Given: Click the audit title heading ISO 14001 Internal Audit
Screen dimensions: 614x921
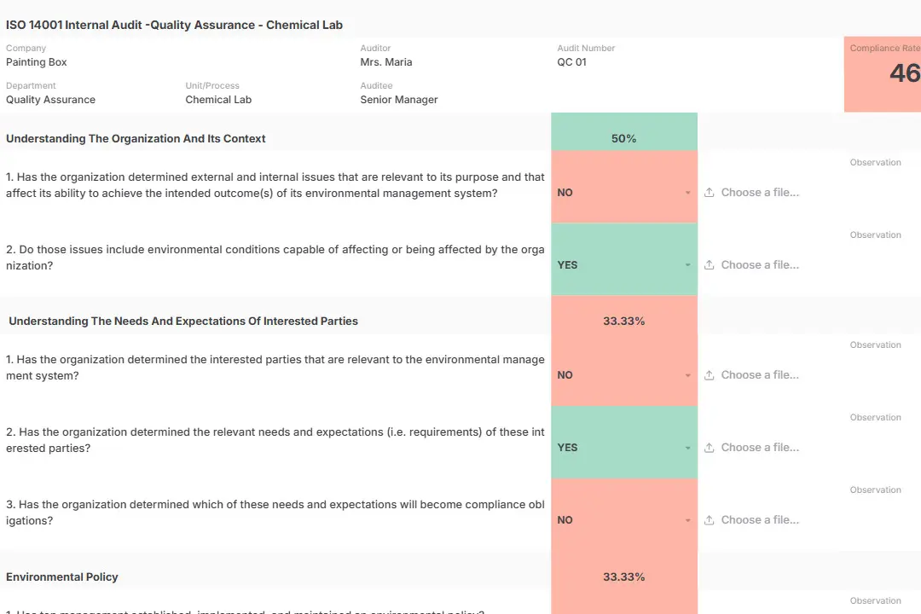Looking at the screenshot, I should [174, 25].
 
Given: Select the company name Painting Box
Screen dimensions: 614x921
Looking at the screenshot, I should [37, 62].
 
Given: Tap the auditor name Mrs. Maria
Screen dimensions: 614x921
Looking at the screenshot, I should [386, 62].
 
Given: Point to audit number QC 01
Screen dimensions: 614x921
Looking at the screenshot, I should [572, 62].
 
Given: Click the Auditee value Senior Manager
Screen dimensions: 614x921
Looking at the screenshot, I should [399, 100].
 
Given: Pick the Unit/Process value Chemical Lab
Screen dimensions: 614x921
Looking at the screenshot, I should [218, 100].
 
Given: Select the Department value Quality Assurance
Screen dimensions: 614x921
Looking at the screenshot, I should [50, 100].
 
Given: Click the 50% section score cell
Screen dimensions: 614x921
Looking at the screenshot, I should [624, 138].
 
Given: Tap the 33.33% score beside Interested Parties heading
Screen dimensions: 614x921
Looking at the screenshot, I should [624, 321].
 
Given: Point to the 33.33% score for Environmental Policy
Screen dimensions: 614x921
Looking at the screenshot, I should [624, 577].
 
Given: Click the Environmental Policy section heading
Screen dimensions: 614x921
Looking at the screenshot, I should [62, 577].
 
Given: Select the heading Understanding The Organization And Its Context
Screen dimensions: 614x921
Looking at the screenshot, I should [136, 138].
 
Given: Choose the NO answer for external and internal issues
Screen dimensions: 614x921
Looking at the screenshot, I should [565, 193].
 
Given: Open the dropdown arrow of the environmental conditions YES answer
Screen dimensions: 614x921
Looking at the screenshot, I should [688, 265].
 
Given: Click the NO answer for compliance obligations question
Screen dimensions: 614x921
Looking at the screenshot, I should [565, 520].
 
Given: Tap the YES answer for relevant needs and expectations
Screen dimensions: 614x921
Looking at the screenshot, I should [567, 448].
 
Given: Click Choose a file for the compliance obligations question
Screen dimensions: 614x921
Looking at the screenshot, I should [760, 520].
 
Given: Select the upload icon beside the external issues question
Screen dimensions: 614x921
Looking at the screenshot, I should [710, 193].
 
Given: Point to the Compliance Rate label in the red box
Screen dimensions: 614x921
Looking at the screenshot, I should [885, 49].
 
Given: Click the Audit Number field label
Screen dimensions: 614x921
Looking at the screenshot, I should [586, 49].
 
